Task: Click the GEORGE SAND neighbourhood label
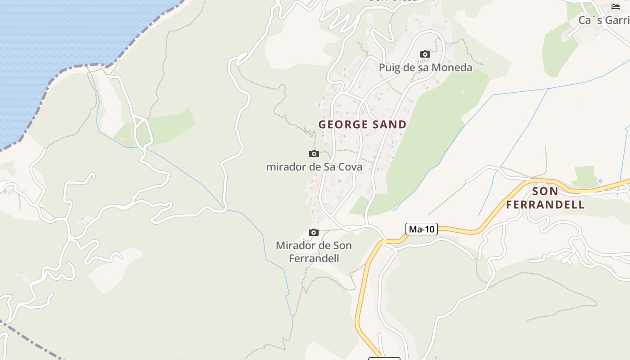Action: (x=362, y=125)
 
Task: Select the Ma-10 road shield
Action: (x=422, y=229)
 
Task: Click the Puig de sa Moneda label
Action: (x=425, y=67)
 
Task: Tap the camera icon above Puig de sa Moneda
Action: (x=425, y=54)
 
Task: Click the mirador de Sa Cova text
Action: (x=314, y=167)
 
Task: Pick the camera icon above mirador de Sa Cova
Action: (x=314, y=154)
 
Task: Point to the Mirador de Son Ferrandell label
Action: (x=314, y=252)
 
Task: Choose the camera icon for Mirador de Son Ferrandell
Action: (x=314, y=233)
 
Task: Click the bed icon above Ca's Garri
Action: (x=616, y=7)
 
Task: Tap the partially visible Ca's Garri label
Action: (x=604, y=20)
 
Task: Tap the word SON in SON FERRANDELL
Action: (x=545, y=191)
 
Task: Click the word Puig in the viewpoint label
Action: (x=389, y=68)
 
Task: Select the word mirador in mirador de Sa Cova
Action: (x=284, y=167)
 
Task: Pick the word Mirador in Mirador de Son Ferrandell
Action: (x=295, y=246)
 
